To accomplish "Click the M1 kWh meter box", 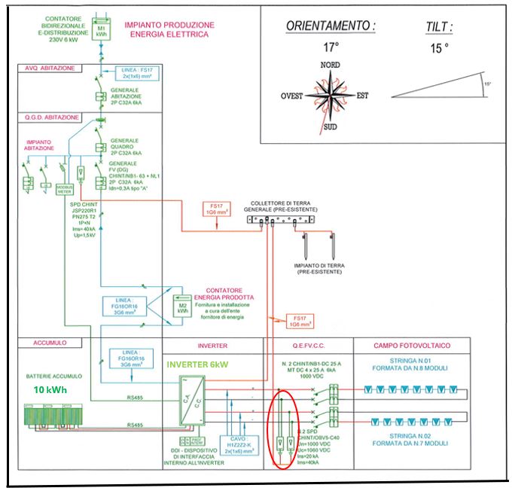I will (x=100, y=30).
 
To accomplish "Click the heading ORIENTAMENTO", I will (x=331, y=26).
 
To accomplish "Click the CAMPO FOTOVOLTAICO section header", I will (x=413, y=346).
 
